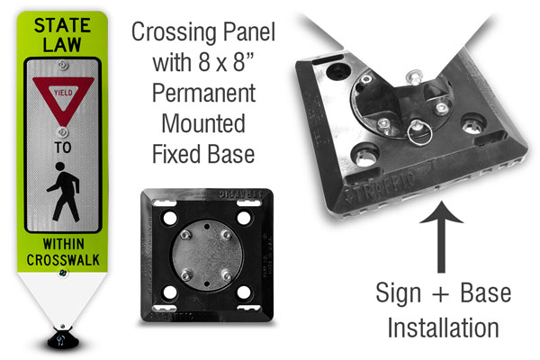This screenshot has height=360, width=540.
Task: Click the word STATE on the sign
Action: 62,25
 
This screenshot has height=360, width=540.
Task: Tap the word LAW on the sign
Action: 62,44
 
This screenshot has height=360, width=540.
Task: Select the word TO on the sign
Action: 63,148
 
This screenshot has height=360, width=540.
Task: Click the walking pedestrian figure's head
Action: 60,166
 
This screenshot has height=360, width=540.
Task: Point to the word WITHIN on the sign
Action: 63,244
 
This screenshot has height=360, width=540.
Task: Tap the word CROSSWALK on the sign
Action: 63,260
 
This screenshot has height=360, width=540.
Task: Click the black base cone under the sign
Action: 63,338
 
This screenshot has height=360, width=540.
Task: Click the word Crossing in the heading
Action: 175,32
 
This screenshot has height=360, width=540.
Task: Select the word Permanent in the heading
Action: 204,93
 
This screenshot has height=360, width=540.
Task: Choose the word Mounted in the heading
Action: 203,123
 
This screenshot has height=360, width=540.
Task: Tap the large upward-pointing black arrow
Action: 441,237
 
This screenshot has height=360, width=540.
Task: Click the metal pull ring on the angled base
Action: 419,132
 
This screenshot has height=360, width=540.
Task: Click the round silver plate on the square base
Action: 207,256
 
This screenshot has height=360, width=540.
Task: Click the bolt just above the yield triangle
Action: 62,65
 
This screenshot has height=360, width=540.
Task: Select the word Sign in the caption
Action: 399,293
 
